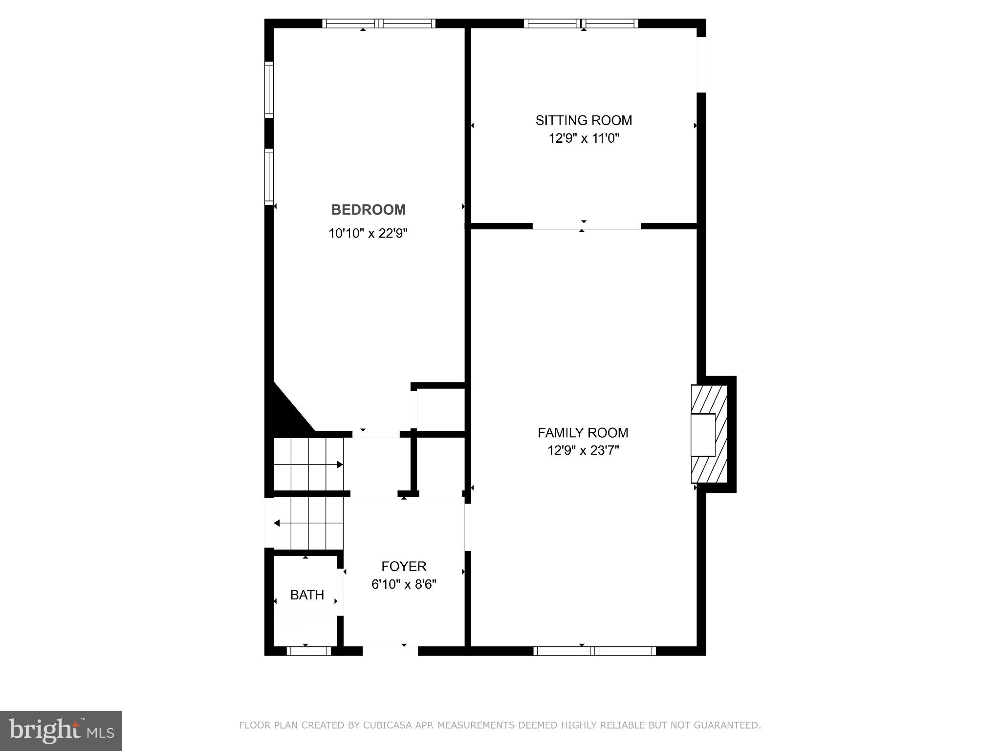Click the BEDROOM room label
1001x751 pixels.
click(x=368, y=210)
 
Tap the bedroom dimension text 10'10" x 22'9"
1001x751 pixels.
click(x=368, y=233)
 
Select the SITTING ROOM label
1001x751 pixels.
click(x=584, y=120)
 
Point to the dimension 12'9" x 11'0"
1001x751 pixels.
click(x=584, y=138)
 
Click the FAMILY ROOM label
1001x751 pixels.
click(x=583, y=433)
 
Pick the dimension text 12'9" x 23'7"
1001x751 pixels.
click(x=583, y=450)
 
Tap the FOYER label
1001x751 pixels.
click(x=404, y=566)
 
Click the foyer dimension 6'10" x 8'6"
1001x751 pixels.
click(x=404, y=584)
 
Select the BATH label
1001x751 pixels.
click(x=307, y=595)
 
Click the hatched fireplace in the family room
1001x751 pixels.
click(x=709, y=434)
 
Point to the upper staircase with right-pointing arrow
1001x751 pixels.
click(x=308, y=464)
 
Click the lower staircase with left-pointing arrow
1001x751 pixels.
click(x=308, y=523)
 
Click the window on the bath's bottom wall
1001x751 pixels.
click(x=308, y=651)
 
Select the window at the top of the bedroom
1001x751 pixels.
click(x=379, y=23)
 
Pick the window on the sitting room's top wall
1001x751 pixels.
click(x=581, y=23)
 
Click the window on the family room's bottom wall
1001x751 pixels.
click(x=594, y=651)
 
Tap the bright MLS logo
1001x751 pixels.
click(x=61, y=730)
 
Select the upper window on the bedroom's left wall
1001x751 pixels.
click(x=269, y=89)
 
